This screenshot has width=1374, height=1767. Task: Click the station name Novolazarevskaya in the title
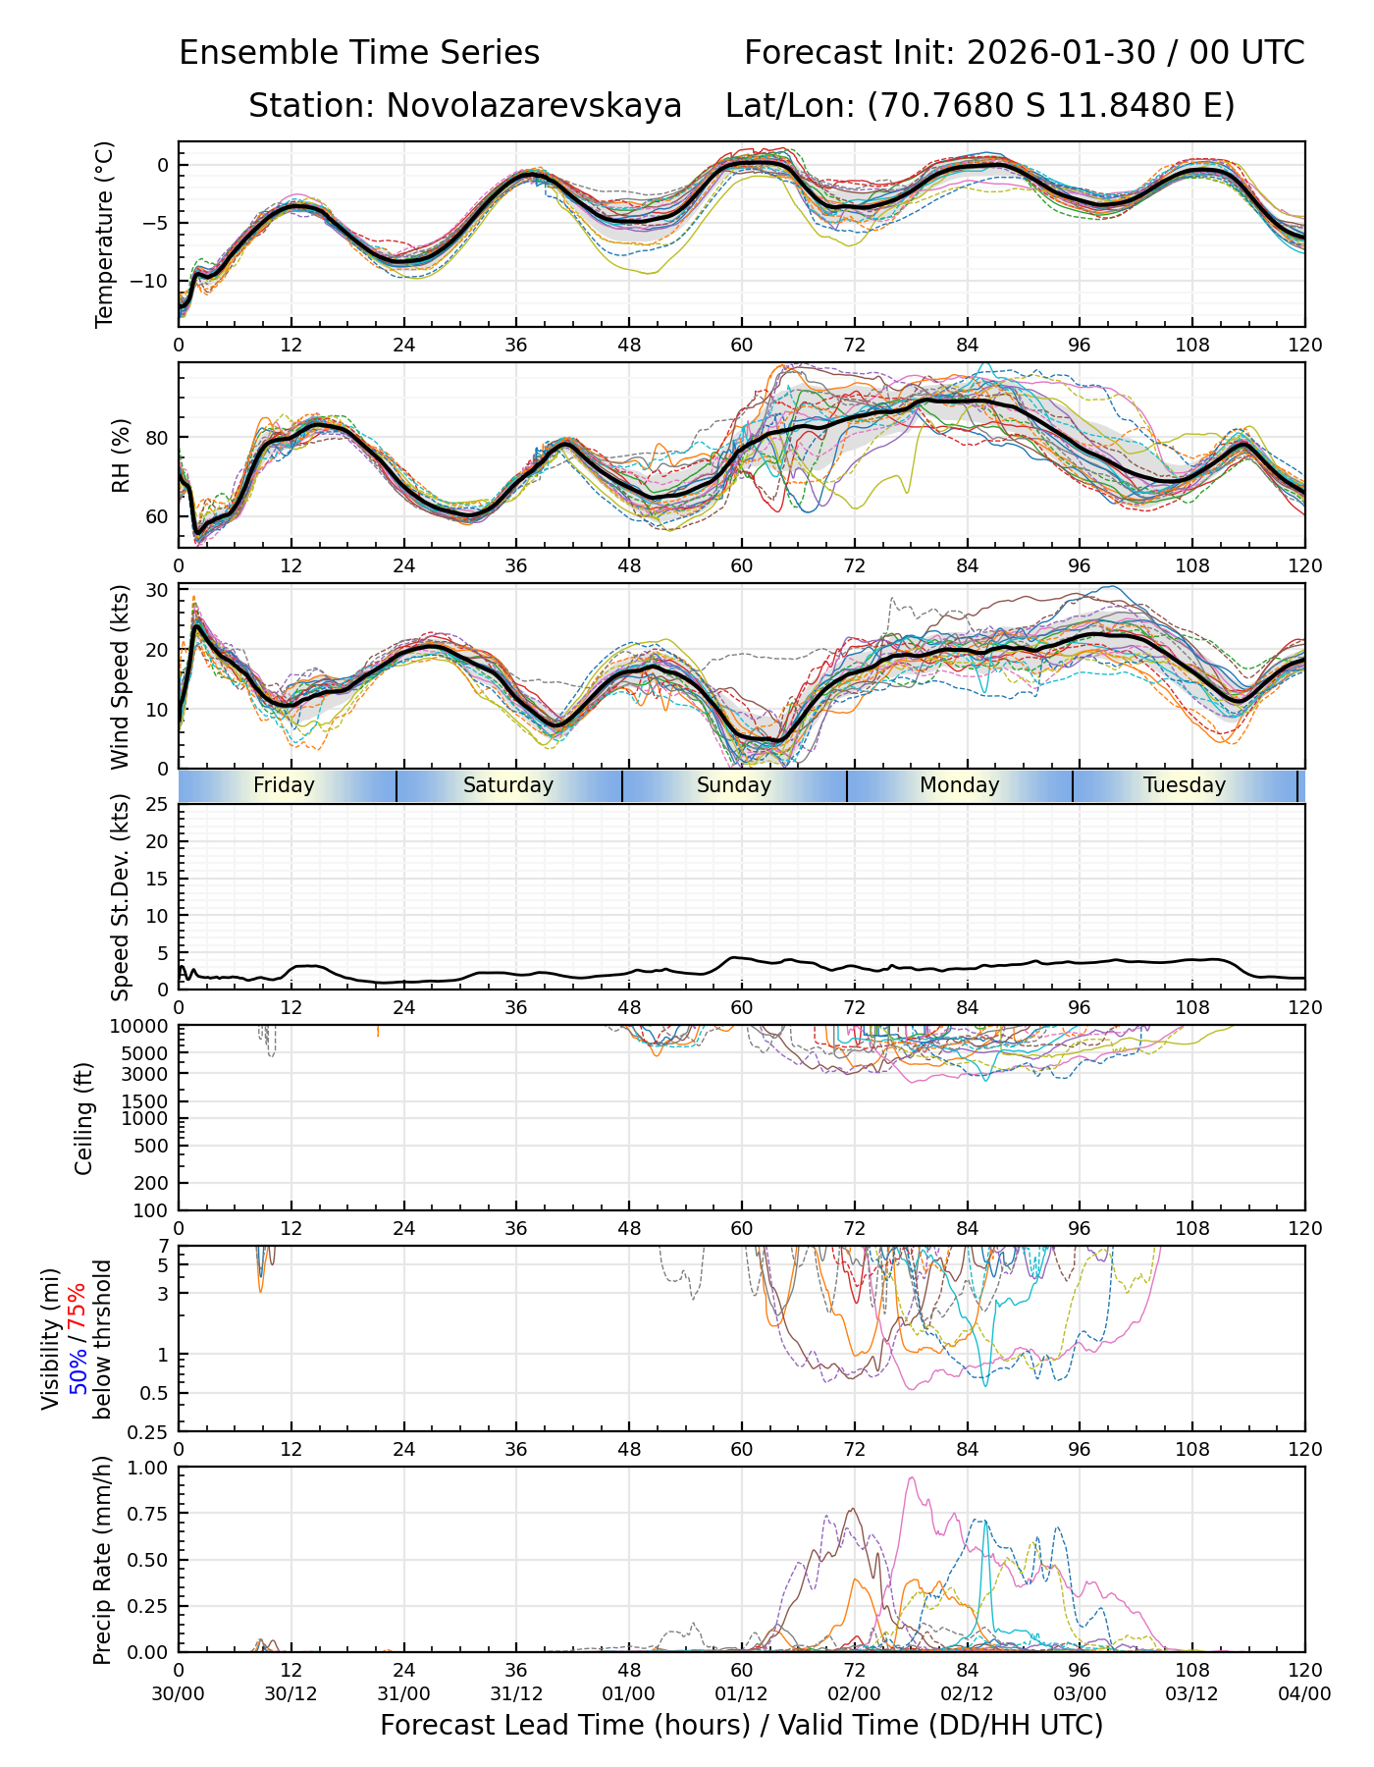click(x=534, y=105)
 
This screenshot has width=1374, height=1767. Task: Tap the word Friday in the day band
click(x=284, y=785)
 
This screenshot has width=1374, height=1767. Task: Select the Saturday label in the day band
click(x=508, y=785)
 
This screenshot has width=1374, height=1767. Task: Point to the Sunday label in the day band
click(x=734, y=785)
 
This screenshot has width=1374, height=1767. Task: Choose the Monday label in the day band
click(x=959, y=785)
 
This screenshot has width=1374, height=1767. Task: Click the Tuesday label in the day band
click(x=1185, y=785)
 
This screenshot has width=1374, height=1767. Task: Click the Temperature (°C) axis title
click(x=104, y=234)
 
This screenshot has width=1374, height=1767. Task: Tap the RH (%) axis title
click(x=121, y=455)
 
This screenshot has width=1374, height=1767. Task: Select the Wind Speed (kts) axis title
click(x=120, y=676)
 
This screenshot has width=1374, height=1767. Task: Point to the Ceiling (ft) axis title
click(x=84, y=1118)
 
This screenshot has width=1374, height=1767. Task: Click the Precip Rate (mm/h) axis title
click(x=102, y=1560)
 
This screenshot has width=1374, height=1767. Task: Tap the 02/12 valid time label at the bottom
click(x=967, y=1693)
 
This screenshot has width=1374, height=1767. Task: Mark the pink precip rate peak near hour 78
click(x=912, y=1478)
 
